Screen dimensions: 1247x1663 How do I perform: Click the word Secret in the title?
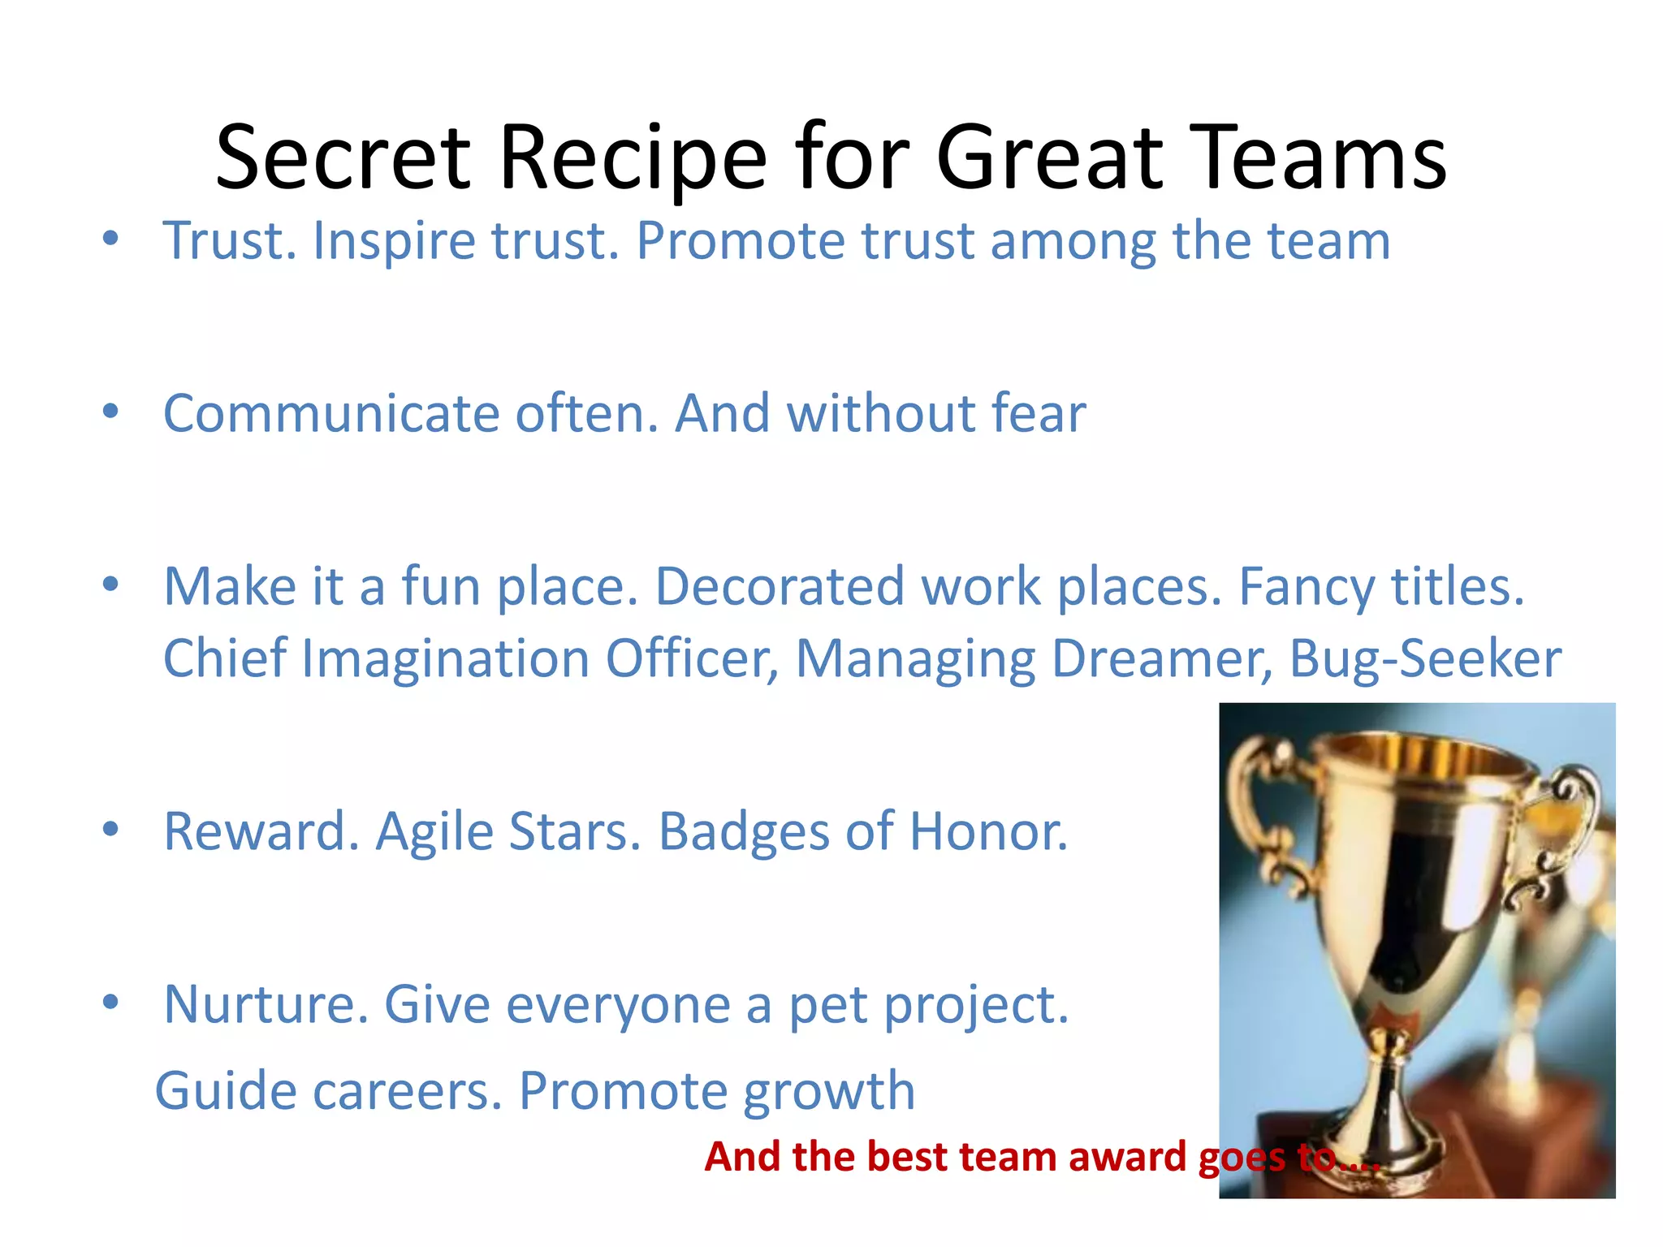[342, 157]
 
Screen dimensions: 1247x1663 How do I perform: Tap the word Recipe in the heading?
[633, 157]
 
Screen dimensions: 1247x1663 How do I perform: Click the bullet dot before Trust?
[111, 239]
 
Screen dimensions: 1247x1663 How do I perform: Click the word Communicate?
[331, 414]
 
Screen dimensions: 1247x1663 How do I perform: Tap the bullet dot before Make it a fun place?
[111, 585]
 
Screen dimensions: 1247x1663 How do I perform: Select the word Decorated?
[780, 586]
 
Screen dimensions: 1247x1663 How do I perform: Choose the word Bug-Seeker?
[1425, 659]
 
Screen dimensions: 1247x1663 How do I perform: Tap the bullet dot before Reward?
[111, 830]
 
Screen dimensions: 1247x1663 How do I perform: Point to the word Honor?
[988, 831]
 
